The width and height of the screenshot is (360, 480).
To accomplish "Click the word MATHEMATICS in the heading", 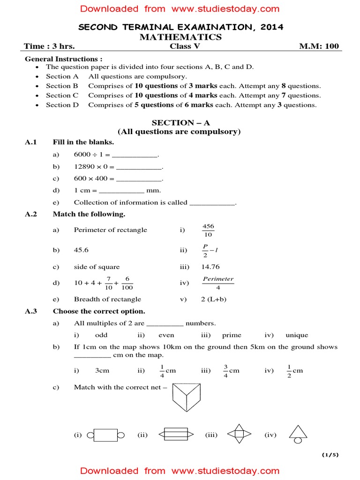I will point(180,37).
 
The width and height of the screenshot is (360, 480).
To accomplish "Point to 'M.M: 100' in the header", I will point(319,46).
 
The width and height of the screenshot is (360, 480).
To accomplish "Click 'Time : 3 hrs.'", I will point(50,46).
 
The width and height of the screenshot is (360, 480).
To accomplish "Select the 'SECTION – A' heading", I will point(179,123).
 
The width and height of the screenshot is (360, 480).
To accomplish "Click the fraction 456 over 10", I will point(209,230).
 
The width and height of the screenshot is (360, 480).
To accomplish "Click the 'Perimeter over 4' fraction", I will point(218,283).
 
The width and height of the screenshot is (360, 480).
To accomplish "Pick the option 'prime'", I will point(232,335).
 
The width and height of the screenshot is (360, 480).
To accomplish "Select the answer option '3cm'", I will point(102,370).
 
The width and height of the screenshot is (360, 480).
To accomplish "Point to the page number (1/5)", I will point(330,455).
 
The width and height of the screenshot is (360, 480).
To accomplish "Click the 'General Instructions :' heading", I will point(63,59).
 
